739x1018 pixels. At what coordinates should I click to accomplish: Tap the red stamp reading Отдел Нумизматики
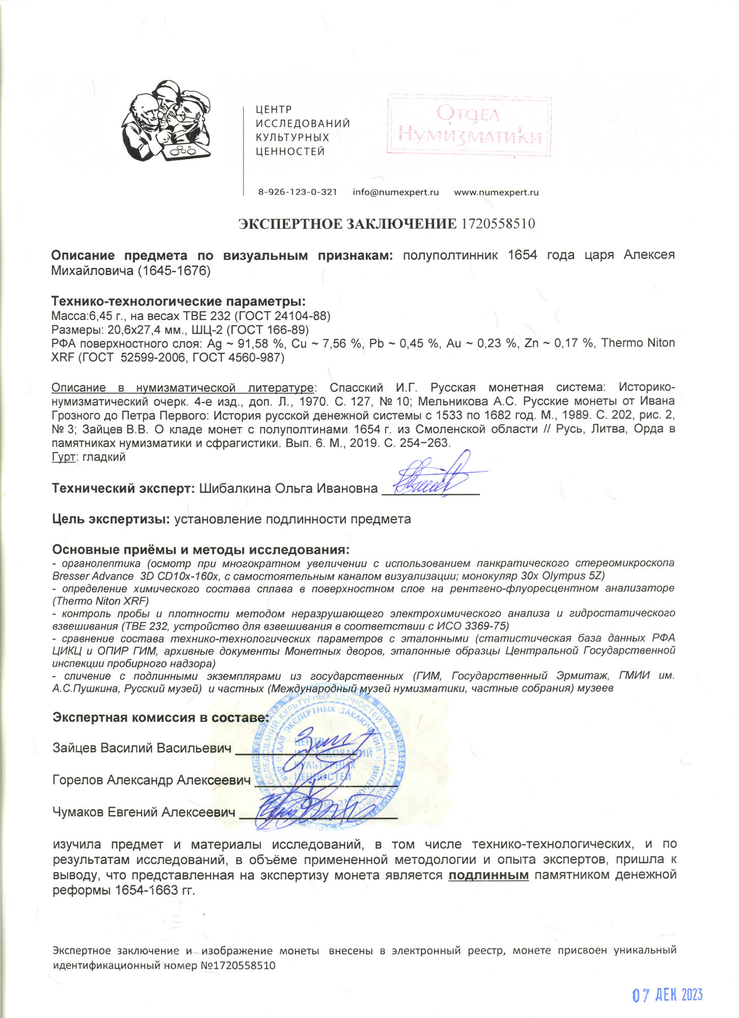469,124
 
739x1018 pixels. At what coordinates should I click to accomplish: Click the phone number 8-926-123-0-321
297,192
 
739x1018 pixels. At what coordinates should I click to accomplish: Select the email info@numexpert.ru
395,192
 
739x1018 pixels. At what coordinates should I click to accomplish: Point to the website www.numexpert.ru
496,192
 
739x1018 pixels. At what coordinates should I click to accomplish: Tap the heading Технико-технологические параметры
179,301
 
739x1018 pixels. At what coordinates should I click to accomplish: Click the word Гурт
64,457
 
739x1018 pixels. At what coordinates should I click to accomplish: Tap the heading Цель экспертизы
111,520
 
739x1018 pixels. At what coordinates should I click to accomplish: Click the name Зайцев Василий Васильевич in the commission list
142,748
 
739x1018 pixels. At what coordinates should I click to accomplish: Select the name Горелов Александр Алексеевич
152,780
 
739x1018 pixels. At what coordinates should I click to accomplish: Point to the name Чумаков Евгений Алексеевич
144,812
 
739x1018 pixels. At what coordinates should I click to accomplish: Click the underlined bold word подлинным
488,875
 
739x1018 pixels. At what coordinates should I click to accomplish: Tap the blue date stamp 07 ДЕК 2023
667,981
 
